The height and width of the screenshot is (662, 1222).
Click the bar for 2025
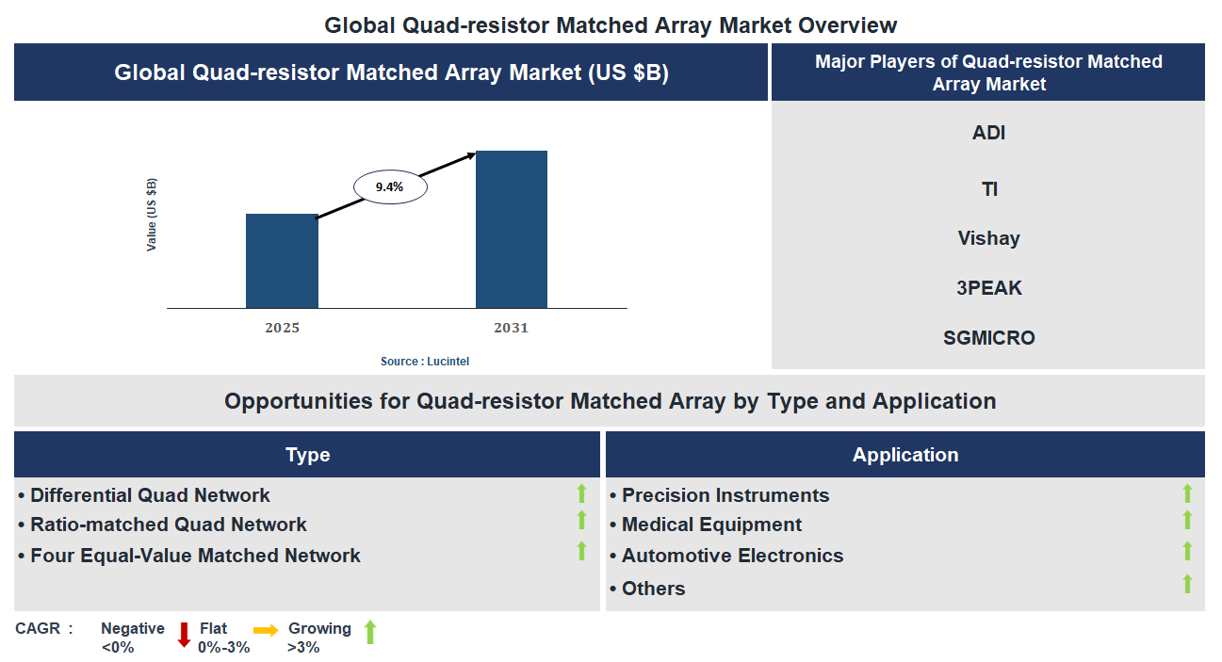click(282, 261)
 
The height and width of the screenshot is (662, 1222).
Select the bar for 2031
click(511, 229)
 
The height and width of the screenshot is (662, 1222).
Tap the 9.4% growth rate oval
click(390, 187)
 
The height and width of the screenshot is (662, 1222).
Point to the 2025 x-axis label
click(282, 328)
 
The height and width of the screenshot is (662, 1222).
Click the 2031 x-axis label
click(511, 328)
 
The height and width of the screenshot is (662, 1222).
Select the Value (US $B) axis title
click(152, 214)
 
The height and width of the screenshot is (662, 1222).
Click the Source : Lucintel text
click(424, 362)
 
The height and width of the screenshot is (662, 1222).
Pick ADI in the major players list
click(988, 133)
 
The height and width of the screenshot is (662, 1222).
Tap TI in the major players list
click(988, 189)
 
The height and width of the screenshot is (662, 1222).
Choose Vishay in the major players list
click(988, 238)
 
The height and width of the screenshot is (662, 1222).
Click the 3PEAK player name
click(988, 288)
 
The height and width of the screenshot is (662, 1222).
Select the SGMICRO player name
click(988, 338)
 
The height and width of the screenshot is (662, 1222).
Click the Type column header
click(307, 455)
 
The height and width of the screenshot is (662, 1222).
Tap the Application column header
click(904, 455)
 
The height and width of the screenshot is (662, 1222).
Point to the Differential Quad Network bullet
click(150, 495)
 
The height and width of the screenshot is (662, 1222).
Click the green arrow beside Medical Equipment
click(1187, 520)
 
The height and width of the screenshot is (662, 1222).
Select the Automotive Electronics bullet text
click(732, 556)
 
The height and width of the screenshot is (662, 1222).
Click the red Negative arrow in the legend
click(184, 635)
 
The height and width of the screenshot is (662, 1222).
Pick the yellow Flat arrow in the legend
click(265, 631)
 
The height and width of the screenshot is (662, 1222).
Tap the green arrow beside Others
click(1187, 584)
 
